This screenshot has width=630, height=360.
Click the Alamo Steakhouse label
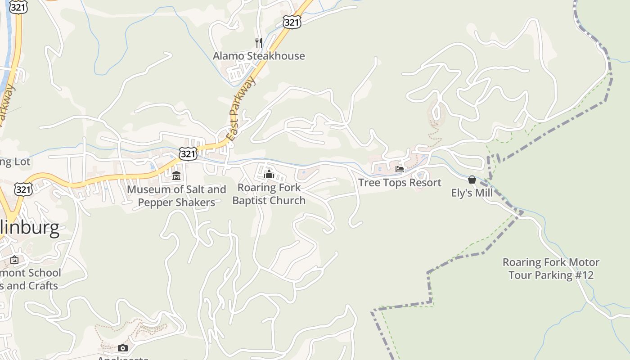(x=259, y=56)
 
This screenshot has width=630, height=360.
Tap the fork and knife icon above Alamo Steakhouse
(x=259, y=43)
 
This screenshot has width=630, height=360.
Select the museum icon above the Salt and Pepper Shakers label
(x=176, y=175)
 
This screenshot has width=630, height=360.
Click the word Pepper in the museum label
(x=156, y=202)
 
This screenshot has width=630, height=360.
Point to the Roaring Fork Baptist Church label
(x=269, y=194)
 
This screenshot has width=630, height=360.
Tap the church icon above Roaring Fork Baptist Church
(x=269, y=174)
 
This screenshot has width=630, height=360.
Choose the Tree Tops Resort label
(x=400, y=183)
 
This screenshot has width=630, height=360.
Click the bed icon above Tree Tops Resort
(x=400, y=169)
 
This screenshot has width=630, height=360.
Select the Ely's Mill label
(x=472, y=193)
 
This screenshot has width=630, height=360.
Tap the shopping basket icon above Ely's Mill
(x=472, y=180)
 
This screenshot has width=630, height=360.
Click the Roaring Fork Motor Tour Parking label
(x=551, y=269)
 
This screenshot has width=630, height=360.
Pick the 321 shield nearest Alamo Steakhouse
(x=292, y=22)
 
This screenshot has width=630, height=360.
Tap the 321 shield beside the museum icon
(x=188, y=153)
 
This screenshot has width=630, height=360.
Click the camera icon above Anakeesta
(x=122, y=348)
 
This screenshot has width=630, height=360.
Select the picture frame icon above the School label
(x=14, y=260)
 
